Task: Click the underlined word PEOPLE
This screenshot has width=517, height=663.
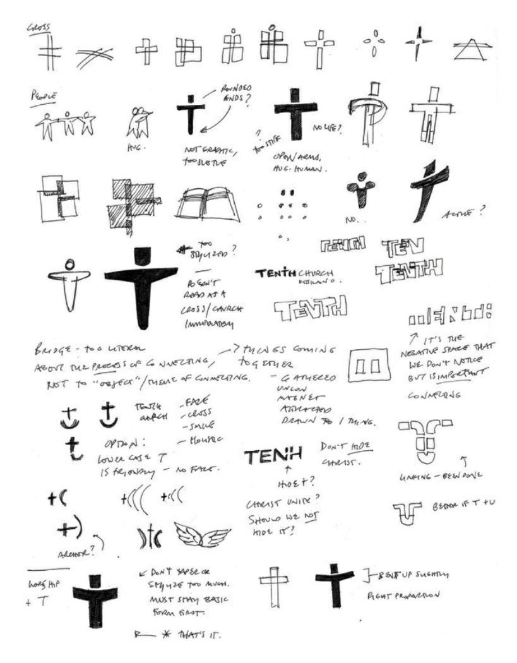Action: pos(42,96)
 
